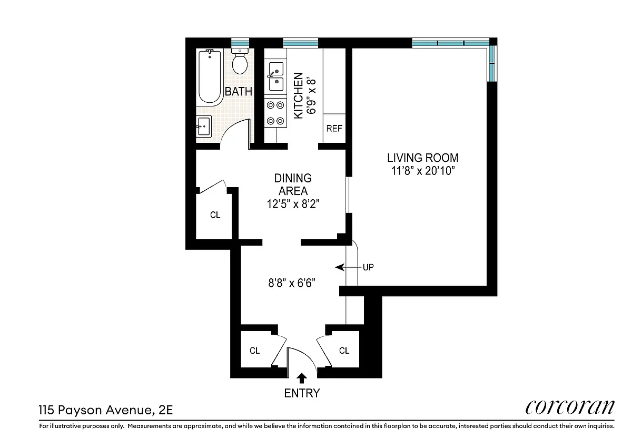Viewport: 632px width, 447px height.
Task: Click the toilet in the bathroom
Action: click(x=240, y=61)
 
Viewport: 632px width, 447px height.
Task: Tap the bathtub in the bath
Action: click(x=210, y=77)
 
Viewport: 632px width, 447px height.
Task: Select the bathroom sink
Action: click(x=204, y=126)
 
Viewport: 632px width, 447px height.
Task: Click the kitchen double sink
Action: click(x=275, y=76)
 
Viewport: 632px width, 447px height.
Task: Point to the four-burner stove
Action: click(x=275, y=113)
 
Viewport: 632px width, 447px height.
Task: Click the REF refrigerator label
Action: click(x=334, y=129)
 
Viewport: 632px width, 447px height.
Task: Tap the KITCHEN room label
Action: click(x=298, y=95)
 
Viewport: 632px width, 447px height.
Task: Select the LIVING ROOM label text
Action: click(x=422, y=158)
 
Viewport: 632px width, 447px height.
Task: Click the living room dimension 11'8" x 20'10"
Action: click(x=423, y=171)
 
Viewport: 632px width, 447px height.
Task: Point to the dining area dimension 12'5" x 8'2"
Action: click(x=293, y=203)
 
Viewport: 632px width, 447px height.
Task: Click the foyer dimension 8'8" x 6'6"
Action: click(x=292, y=283)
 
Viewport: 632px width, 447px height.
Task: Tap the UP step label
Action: click(x=368, y=267)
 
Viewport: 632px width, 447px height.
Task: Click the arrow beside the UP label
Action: click(x=348, y=267)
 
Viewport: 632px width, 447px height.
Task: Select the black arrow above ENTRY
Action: click(x=302, y=378)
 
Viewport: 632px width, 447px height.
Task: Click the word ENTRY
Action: click(x=302, y=393)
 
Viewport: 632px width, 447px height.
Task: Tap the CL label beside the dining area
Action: click(x=215, y=215)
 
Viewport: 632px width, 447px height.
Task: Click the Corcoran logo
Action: click(x=570, y=407)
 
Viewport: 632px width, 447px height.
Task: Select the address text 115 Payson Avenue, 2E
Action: click(x=105, y=410)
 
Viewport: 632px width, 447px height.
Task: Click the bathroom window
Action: click(x=240, y=43)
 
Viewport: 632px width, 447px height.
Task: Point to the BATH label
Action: click(x=239, y=92)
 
